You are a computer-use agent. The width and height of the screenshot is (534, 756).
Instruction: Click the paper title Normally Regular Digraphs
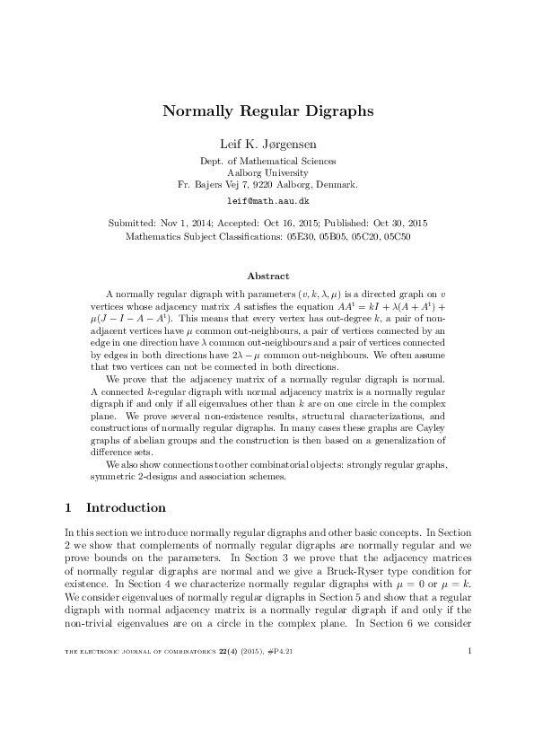pos(267,111)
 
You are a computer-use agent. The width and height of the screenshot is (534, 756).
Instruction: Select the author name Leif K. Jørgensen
pos(267,145)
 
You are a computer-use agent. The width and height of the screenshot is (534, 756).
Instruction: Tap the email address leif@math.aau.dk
pos(267,202)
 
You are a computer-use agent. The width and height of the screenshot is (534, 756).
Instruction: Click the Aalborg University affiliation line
pos(267,172)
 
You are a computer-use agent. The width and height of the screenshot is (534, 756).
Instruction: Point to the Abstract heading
pos(267,275)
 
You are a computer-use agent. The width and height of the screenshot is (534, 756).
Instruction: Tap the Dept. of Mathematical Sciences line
pos(267,161)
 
